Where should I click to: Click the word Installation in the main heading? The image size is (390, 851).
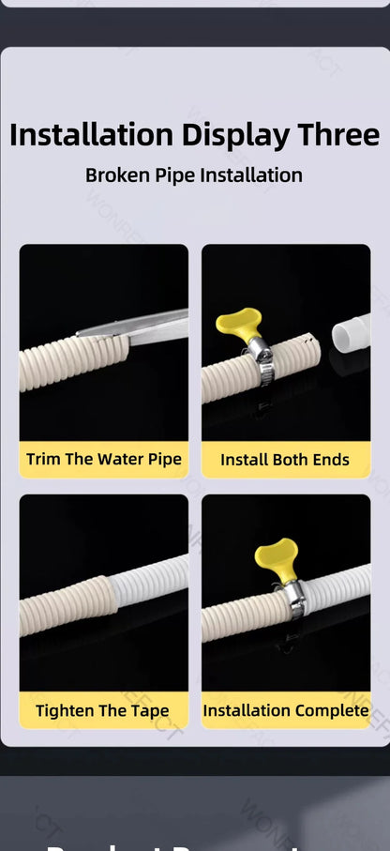[92, 134]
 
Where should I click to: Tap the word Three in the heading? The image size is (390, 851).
[339, 134]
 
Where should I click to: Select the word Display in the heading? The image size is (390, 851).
[236, 134]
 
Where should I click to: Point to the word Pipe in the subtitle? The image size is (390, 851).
[174, 175]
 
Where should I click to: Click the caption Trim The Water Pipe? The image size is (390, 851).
[104, 460]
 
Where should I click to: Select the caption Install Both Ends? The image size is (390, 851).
[285, 460]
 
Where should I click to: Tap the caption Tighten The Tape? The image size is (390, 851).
[103, 710]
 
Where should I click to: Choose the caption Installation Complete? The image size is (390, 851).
[286, 710]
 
